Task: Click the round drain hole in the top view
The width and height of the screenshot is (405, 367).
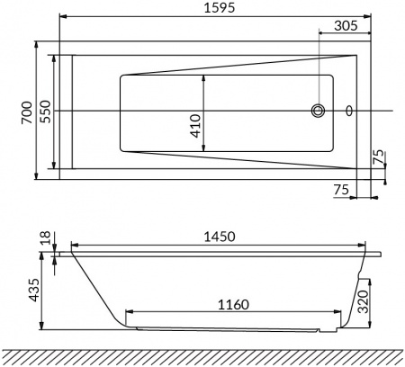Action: (x=318, y=112)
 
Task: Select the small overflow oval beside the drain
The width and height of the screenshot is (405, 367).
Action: (x=349, y=112)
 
